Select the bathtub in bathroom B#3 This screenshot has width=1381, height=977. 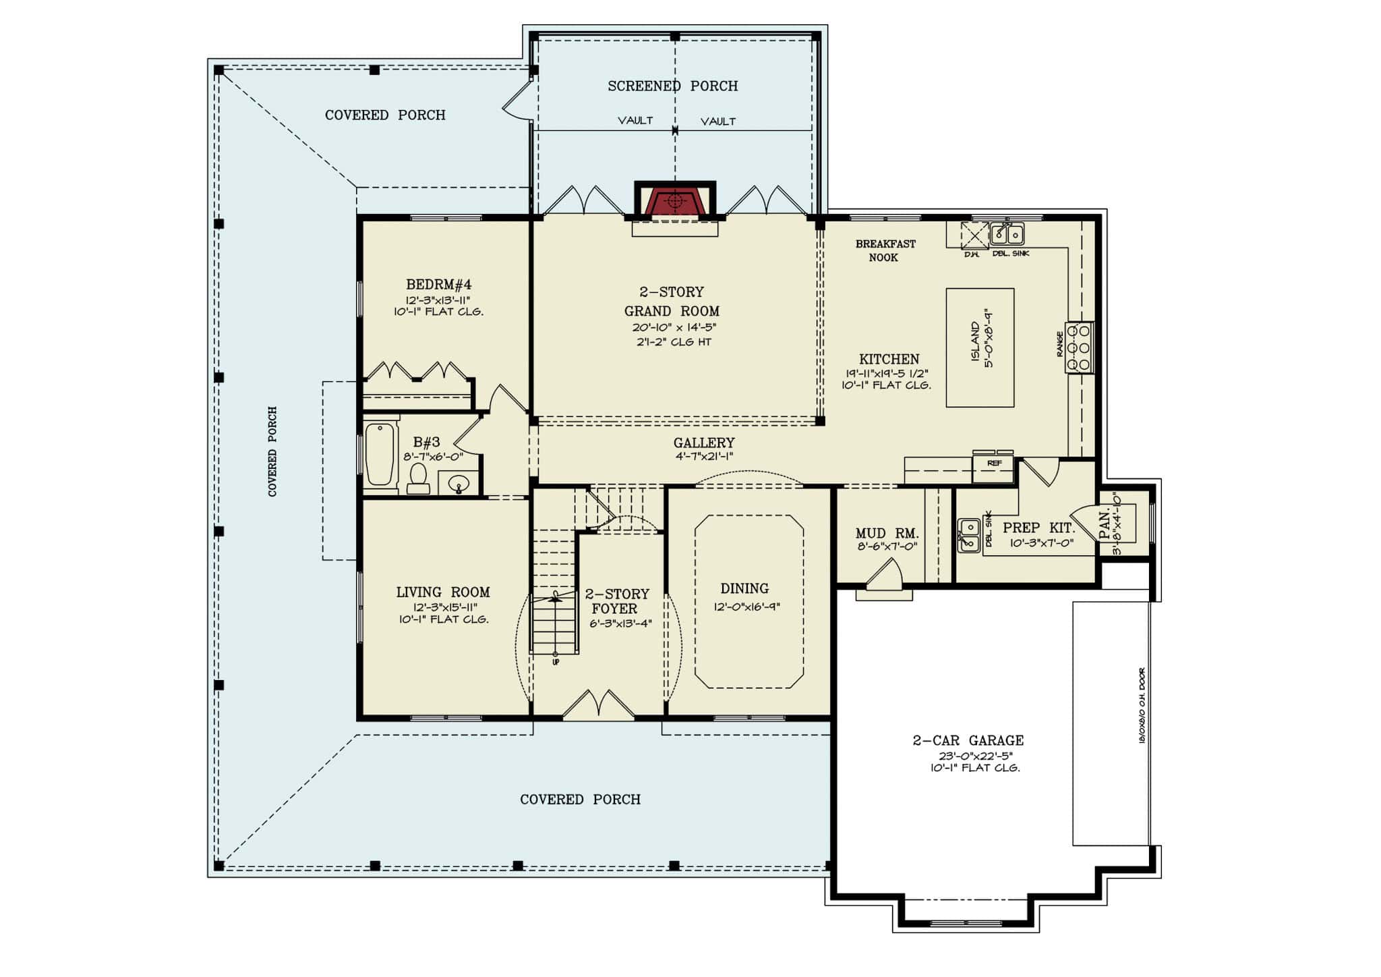point(380,454)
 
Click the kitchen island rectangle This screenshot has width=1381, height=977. point(980,347)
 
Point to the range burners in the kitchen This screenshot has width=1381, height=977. point(1078,348)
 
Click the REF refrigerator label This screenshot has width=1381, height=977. point(993,464)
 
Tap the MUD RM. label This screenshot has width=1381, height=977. point(887,533)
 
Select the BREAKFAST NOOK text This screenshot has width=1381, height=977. point(885,250)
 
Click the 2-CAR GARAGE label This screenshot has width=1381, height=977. point(968,740)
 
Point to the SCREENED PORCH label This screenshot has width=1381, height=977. point(672,86)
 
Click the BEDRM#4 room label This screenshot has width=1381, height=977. point(438,285)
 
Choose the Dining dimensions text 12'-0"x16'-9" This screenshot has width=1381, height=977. point(746,607)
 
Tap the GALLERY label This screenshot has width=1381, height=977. point(703,443)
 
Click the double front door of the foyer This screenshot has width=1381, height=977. point(598,706)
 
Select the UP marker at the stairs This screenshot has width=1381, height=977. point(556,662)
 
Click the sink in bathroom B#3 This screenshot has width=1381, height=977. point(459,484)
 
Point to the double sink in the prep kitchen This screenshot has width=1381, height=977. point(969,534)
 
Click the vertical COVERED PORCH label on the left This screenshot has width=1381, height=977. point(272,451)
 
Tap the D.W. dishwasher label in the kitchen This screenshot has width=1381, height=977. point(971,254)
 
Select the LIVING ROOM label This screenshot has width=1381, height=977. point(442,592)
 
